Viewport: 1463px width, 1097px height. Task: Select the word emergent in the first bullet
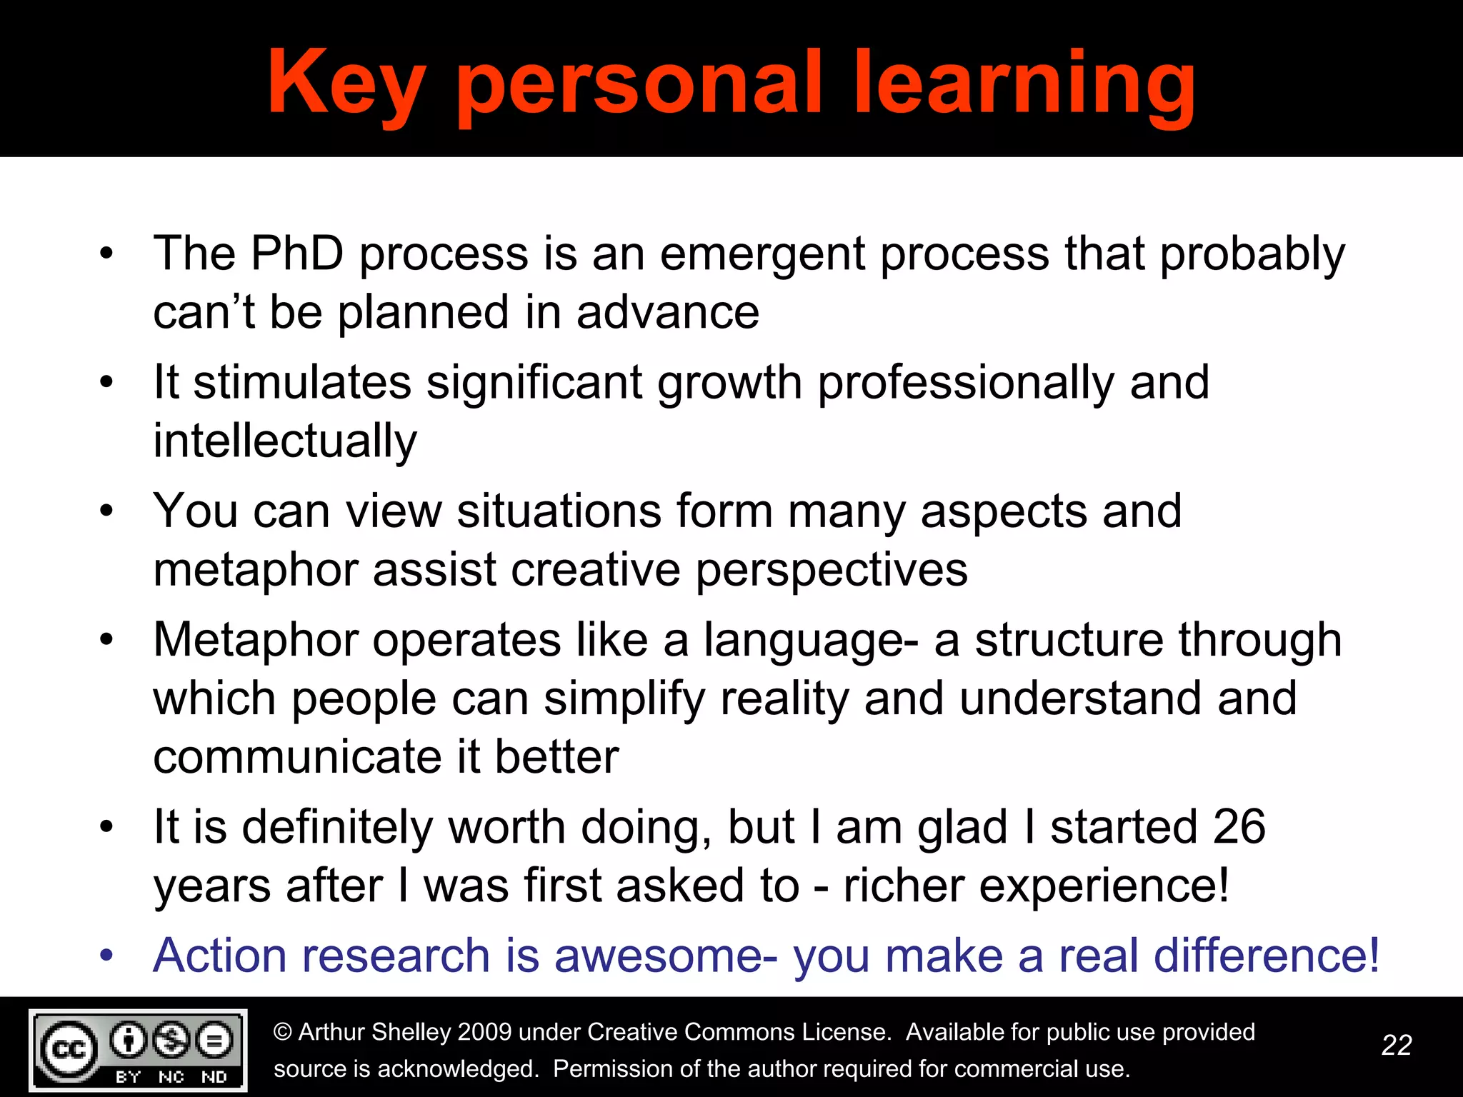tap(762, 255)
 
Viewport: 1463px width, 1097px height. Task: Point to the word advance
tap(667, 313)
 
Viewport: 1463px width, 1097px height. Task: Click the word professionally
tap(965, 384)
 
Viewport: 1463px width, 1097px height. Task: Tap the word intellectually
tap(285, 441)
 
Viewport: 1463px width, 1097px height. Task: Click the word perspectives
tap(832, 571)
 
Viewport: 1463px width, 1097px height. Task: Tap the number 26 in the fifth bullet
tap(1239, 827)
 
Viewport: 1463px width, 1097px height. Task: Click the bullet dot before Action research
tap(106, 956)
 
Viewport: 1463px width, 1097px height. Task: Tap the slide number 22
tap(1397, 1046)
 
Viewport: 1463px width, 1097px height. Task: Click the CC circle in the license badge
tap(69, 1049)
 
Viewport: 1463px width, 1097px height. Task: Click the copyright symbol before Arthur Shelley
tap(283, 1032)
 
